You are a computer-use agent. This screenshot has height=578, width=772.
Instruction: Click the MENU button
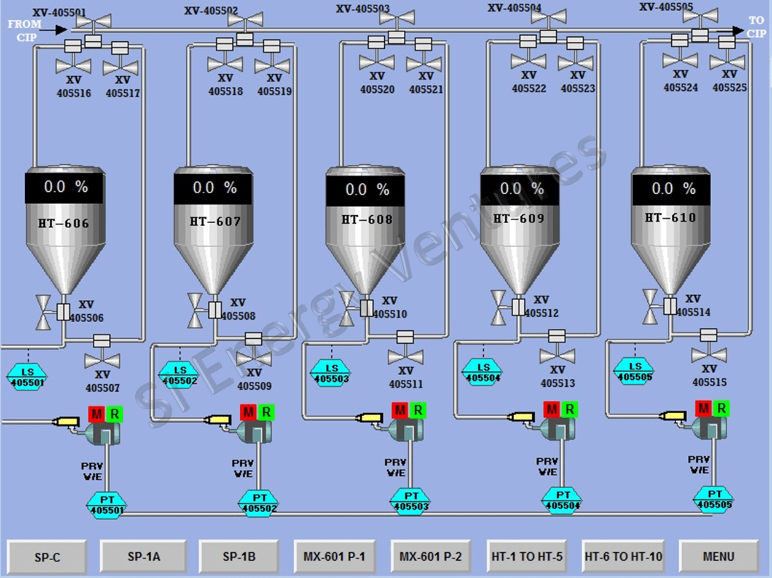point(718,557)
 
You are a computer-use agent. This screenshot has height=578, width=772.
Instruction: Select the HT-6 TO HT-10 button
point(623,557)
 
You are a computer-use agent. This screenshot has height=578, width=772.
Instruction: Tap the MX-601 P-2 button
point(430,557)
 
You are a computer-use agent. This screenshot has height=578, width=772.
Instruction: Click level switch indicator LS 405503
point(331,372)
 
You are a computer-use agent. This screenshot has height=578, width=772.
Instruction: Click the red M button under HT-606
point(96,413)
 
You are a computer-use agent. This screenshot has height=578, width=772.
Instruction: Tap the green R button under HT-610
point(722,408)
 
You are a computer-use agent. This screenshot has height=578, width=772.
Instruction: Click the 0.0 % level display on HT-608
point(366,189)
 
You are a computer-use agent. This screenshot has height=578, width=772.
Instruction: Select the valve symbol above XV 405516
point(73,65)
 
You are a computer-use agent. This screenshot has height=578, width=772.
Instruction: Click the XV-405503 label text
point(363,9)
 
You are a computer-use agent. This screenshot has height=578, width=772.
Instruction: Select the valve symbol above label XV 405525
point(727,61)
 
